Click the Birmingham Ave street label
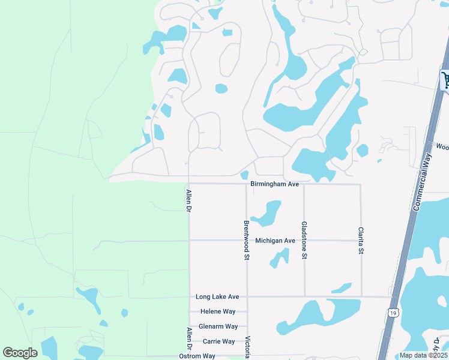tap(274, 184)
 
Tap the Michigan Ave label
tap(275, 241)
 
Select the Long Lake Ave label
tap(217, 297)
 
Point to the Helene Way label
tap(218, 312)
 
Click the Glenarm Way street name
tap(218, 326)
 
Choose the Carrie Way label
tap(218, 341)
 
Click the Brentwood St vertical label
tap(246, 240)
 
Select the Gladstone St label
tap(304, 239)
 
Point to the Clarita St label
tap(361, 240)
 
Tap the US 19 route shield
tap(393, 313)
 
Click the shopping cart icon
tap(445, 80)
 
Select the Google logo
tap(20, 353)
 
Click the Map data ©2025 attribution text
tap(423, 355)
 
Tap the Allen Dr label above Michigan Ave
tap(188, 202)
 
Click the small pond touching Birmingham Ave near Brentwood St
tap(244, 175)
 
